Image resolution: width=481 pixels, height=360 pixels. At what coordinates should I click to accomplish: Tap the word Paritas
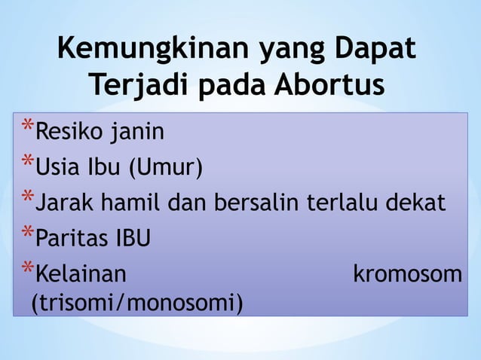pos(74,239)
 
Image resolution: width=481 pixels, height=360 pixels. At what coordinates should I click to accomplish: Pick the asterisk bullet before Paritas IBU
pos(27,233)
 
